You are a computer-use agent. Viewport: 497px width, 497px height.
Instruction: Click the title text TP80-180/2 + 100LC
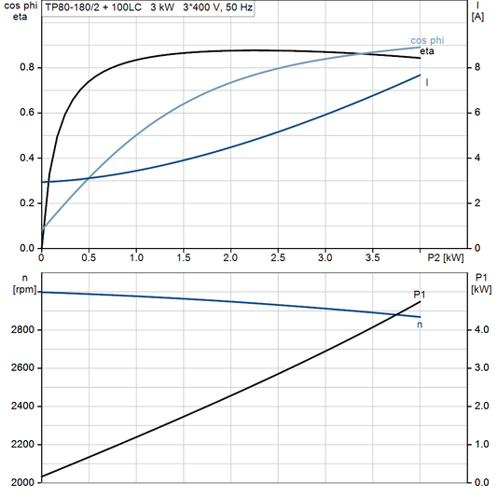click(x=94, y=7)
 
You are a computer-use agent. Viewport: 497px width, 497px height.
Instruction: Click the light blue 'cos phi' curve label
click(x=427, y=40)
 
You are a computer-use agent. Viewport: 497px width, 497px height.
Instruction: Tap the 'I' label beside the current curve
click(x=427, y=83)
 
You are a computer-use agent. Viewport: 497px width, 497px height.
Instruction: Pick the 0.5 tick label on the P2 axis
click(x=89, y=257)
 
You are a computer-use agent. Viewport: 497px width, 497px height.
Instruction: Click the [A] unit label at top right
click(x=477, y=17)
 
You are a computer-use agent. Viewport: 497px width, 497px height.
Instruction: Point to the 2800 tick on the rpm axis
click(x=21, y=330)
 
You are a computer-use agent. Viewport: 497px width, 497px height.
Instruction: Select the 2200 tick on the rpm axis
click(x=21, y=445)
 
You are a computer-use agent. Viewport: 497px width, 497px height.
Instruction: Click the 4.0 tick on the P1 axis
click(x=479, y=330)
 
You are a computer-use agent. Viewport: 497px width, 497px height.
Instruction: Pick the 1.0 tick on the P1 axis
click(x=479, y=445)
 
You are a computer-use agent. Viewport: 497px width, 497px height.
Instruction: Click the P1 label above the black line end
click(x=420, y=295)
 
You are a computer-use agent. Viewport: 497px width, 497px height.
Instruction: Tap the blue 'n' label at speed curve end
click(x=420, y=324)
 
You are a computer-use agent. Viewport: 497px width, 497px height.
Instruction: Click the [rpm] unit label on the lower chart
click(x=21, y=290)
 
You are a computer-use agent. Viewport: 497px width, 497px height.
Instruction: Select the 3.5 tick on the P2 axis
click(x=372, y=257)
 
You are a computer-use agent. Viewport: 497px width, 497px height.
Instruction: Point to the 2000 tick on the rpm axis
click(x=21, y=483)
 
